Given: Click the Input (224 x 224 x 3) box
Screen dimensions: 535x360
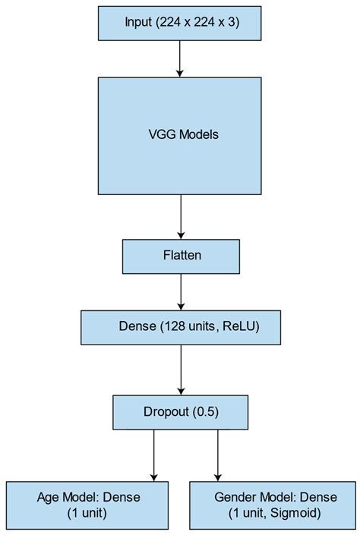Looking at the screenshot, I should pyautogui.click(x=181, y=23).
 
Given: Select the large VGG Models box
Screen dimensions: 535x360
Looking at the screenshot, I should pyautogui.click(x=181, y=134).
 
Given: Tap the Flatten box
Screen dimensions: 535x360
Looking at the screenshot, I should pyautogui.click(x=181, y=256).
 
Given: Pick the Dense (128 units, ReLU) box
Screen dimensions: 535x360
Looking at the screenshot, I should pyautogui.click(x=181, y=328).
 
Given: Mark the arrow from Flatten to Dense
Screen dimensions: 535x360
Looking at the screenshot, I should pyautogui.click(x=181, y=292).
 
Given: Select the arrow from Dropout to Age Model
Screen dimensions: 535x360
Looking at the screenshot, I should pyautogui.click(x=153, y=455).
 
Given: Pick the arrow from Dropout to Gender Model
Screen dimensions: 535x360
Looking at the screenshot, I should pyautogui.click(x=219, y=455).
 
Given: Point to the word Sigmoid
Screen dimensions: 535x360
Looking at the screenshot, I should pyautogui.click(x=297, y=513).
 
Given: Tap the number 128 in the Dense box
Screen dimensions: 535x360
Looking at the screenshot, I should pyautogui.click(x=172, y=328).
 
